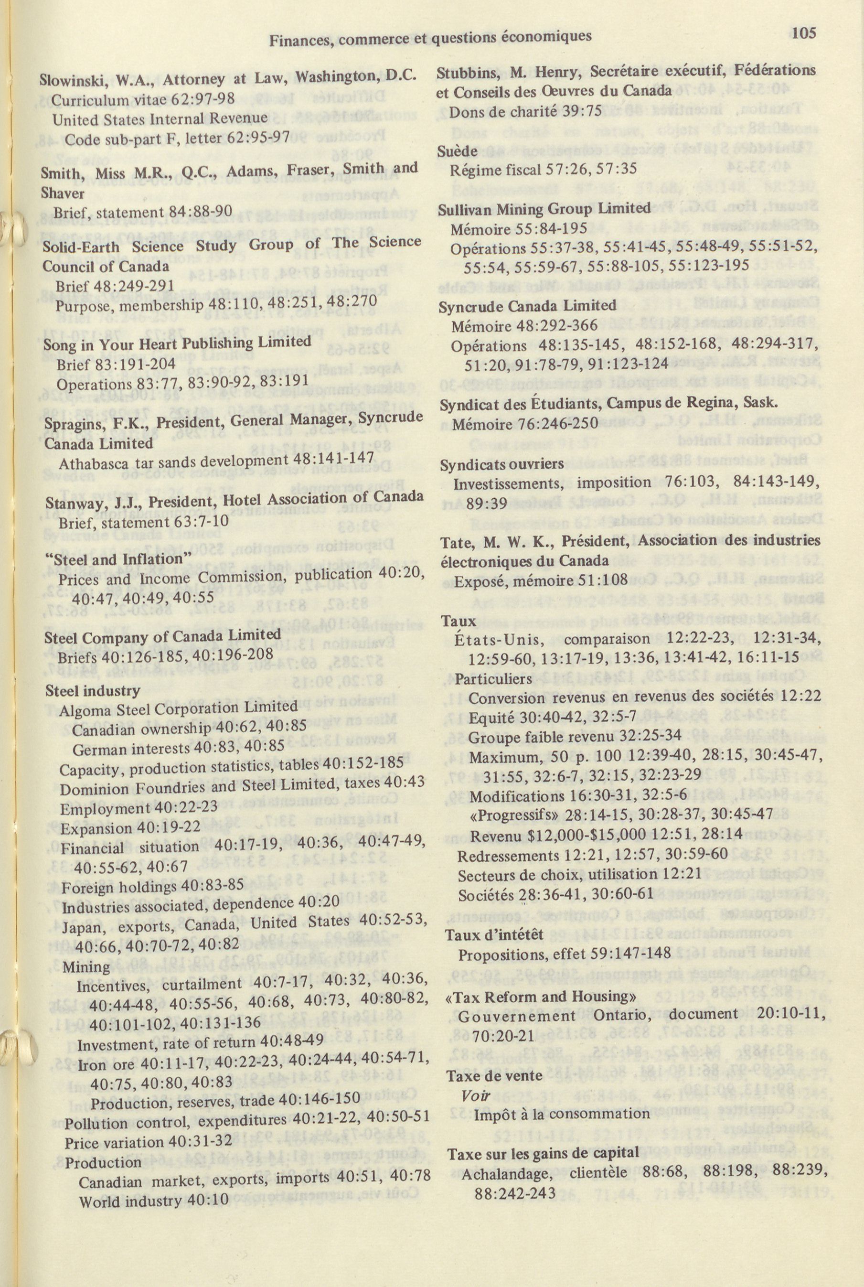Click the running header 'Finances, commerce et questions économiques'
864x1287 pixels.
tap(430, 37)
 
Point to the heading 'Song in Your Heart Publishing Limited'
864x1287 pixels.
tap(177, 343)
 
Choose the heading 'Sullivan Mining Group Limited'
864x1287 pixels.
tap(544, 208)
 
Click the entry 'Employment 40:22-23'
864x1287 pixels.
tap(139, 808)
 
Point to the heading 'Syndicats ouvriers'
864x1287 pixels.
tap(502, 464)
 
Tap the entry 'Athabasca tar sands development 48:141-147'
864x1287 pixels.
tap(216, 460)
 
